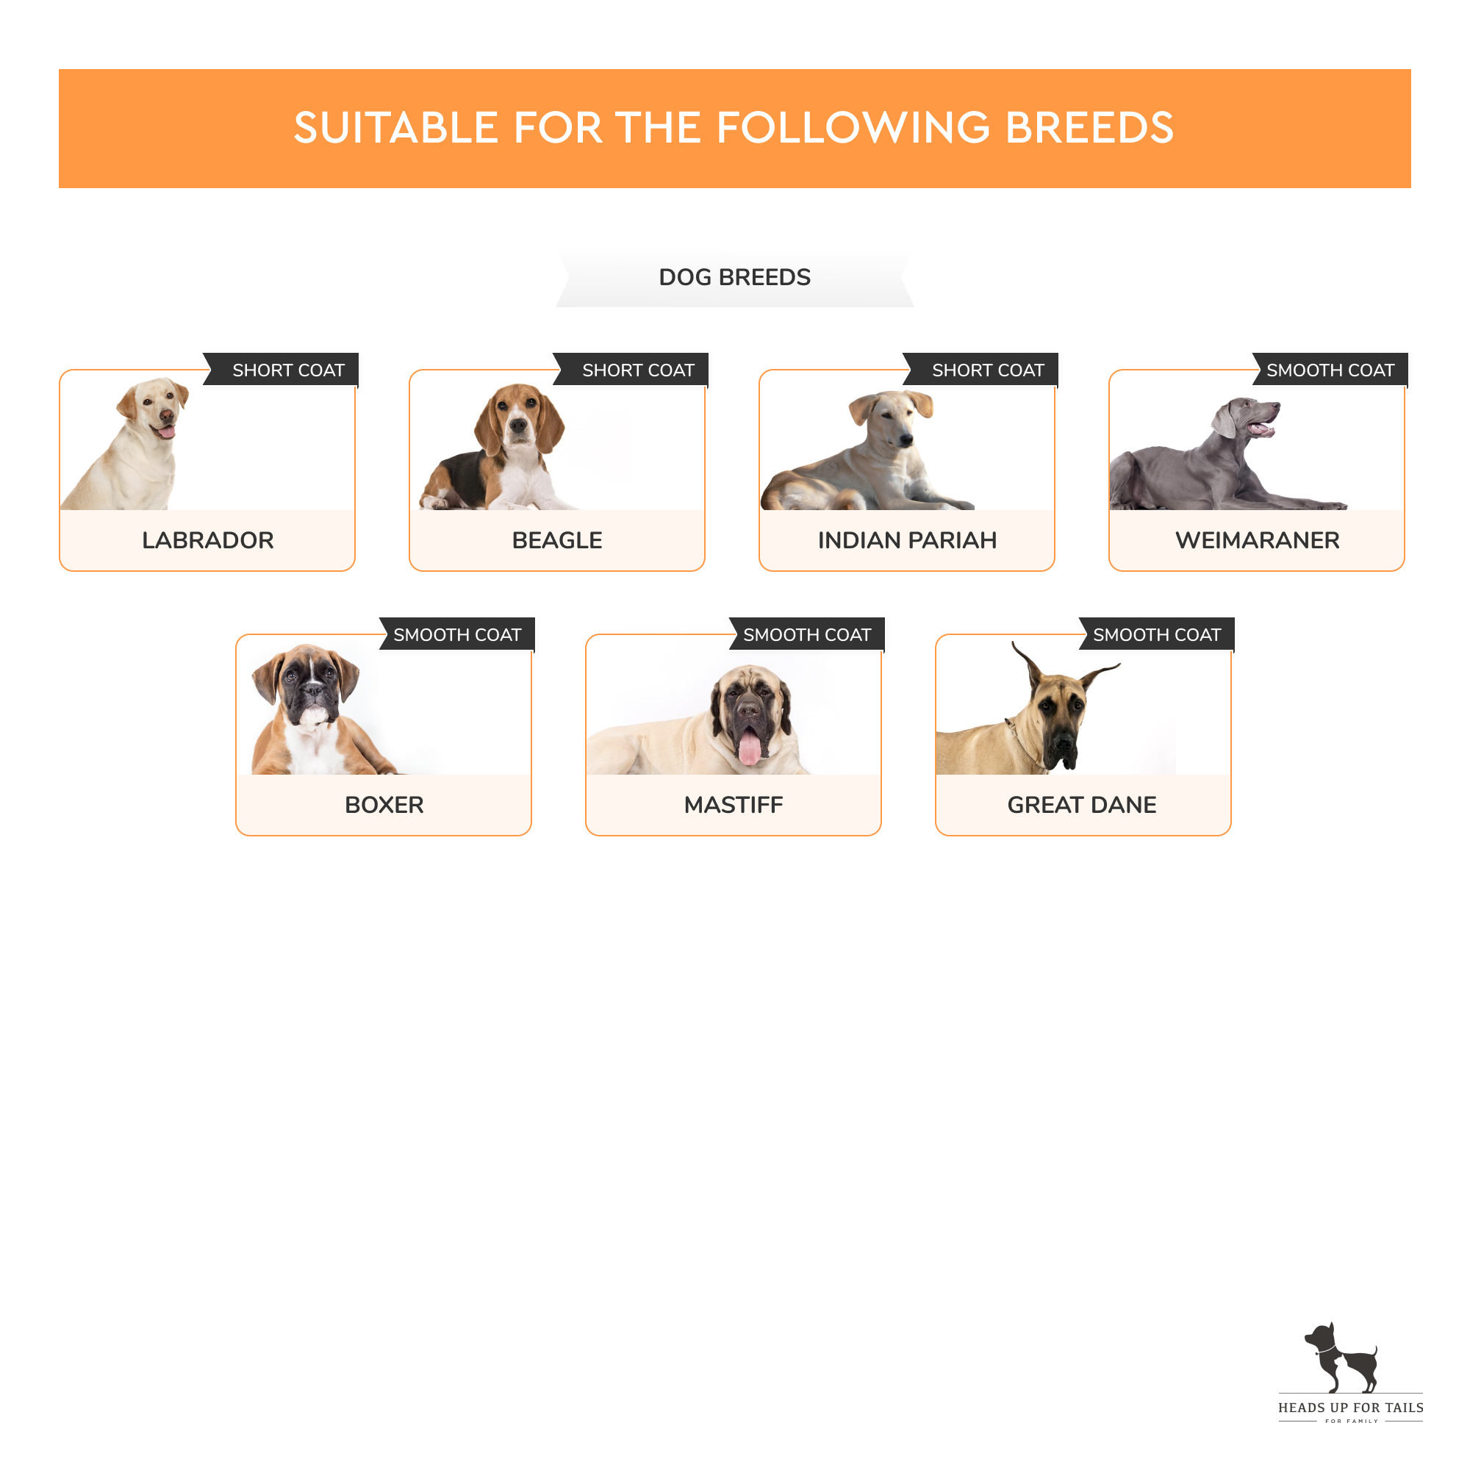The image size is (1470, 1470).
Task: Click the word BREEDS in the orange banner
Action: point(1089,128)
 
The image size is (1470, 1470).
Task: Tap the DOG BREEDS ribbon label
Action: point(734,277)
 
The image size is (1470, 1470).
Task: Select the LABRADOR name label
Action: point(208,540)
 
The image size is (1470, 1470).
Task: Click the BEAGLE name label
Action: point(557,540)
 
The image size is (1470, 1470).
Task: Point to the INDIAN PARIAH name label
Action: point(907,540)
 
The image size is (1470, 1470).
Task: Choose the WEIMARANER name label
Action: point(1257,540)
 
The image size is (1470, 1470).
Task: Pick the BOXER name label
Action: point(384,805)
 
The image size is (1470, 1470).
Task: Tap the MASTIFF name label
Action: point(734,805)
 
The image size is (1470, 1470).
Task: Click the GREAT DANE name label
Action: point(1082,805)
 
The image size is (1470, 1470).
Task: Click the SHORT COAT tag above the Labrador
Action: point(288,370)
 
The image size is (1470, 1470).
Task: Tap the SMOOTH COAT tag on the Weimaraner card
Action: point(1330,370)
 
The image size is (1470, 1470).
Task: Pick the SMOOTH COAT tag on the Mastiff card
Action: point(806,635)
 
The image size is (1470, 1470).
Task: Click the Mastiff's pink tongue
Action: point(750,747)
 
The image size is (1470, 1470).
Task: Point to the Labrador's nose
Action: point(166,415)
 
